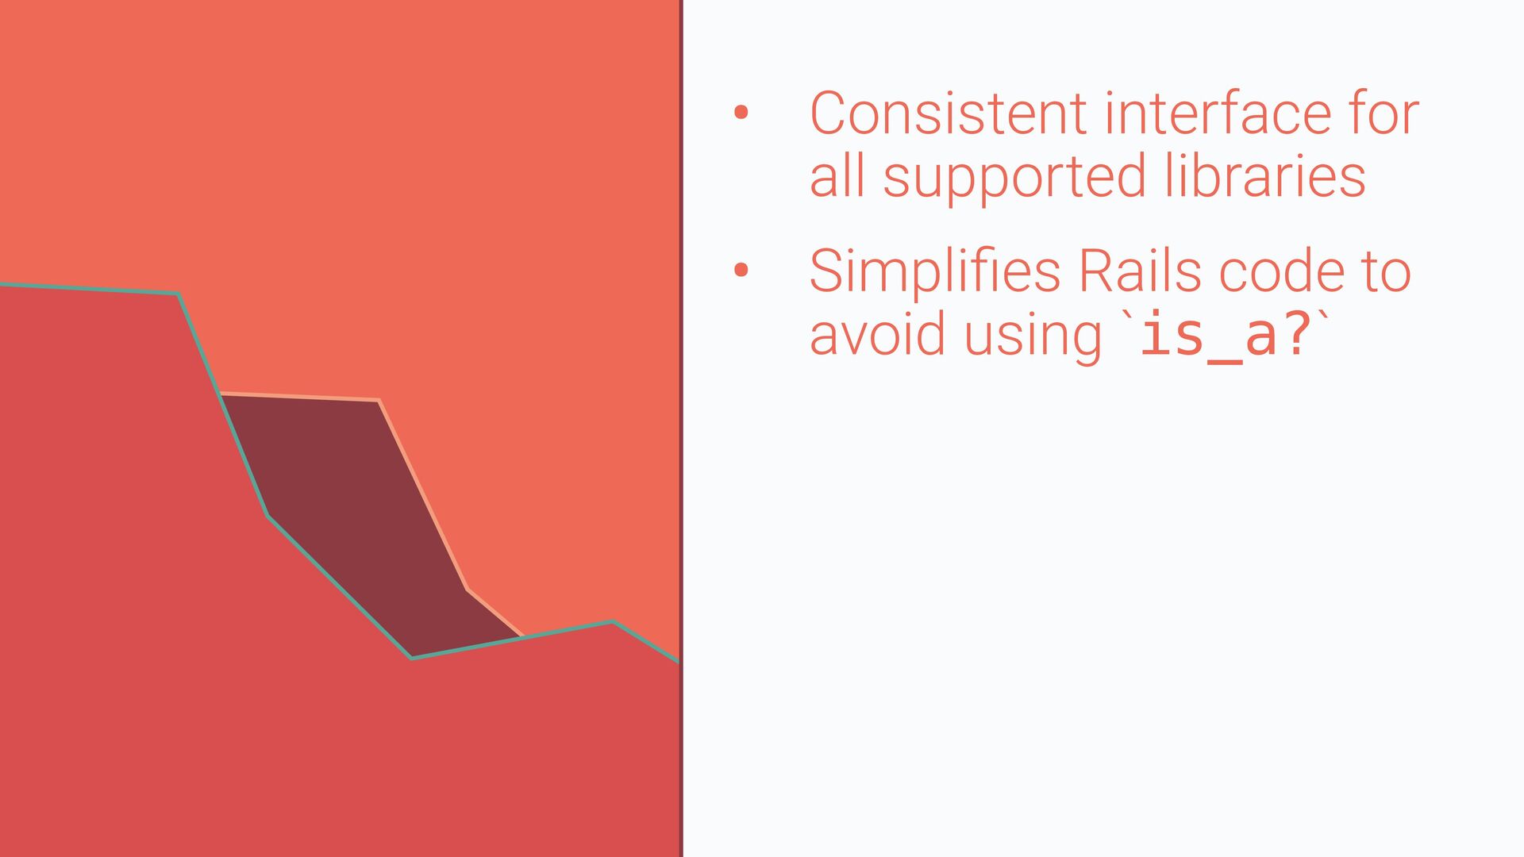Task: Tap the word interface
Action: (x=1218, y=113)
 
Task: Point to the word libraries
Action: (x=1265, y=175)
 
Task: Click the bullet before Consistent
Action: (x=741, y=113)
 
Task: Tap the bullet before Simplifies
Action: (x=741, y=271)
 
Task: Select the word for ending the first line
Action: (x=1384, y=113)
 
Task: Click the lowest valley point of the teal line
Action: (x=411, y=658)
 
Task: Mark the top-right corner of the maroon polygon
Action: (x=379, y=400)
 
